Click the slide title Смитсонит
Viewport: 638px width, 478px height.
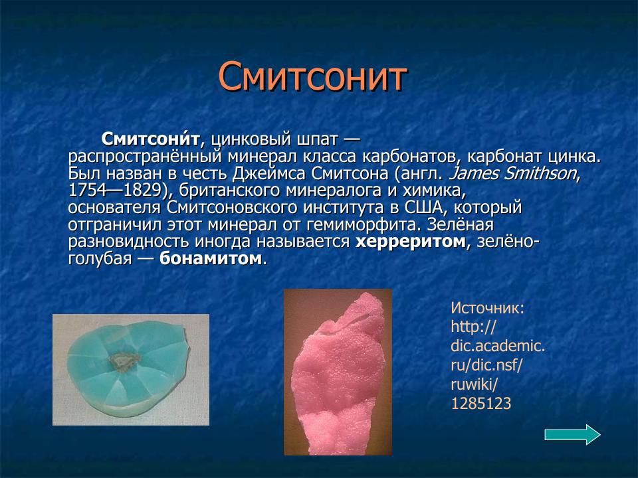click(x=312, y=78)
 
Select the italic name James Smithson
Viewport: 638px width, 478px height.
click(x=514, y=174)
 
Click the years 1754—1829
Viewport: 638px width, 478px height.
click(x=120, y=191)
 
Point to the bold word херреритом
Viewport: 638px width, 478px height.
click(x=410, y=242)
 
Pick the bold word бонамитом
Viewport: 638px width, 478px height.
click(x=211, y=259)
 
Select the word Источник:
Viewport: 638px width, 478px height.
click(x=488, y=307)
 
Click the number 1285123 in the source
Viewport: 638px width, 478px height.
click(x=481, y=403)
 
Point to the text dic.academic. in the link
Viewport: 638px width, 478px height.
click(x=498, y=346)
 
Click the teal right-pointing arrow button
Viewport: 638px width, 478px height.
click(x=572, y=435)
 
